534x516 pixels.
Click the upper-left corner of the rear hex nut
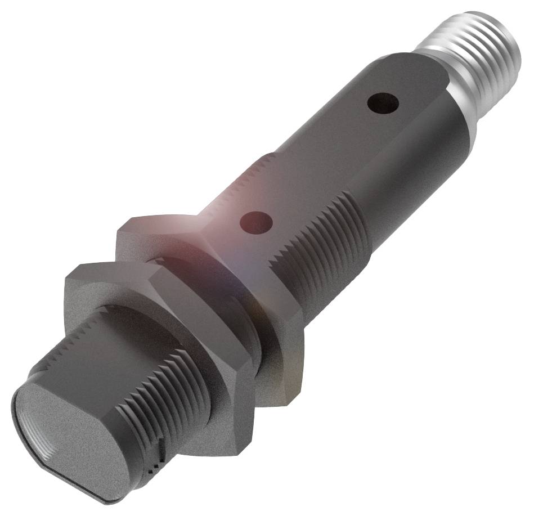(121, 228)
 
